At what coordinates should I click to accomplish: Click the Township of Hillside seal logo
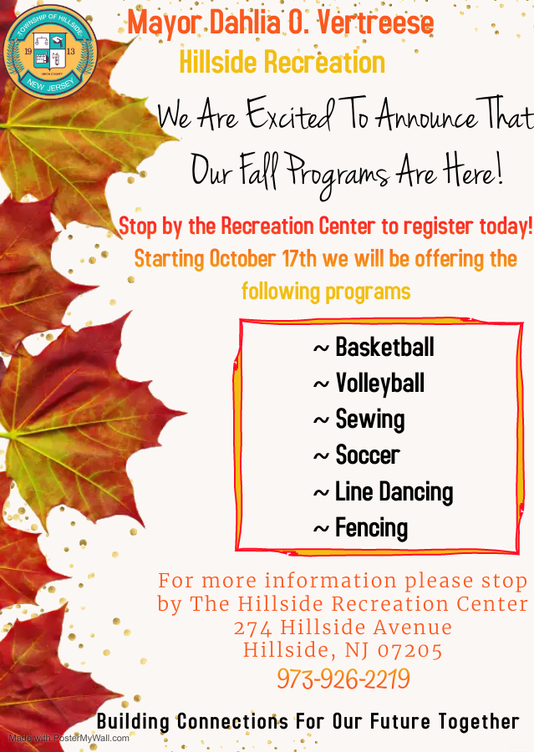pos(50,52)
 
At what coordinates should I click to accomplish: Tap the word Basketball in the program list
pos(384,347)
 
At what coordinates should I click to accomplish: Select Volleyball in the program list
pos(380,384)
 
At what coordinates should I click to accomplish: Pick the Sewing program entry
pos(370,419)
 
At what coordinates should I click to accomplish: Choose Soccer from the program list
pos(368,455)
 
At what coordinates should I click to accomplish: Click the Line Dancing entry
pos(394,492)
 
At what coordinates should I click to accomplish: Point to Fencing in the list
pos(371,529)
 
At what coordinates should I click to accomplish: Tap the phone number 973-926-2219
pos(343,678)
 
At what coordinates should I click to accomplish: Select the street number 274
pos(252,628)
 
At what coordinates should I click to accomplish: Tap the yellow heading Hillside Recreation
pos(282,62)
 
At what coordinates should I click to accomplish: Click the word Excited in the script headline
pos(291,114)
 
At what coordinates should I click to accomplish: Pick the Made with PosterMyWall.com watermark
pos(69,738)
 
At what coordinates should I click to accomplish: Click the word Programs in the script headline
pos(338,174)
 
